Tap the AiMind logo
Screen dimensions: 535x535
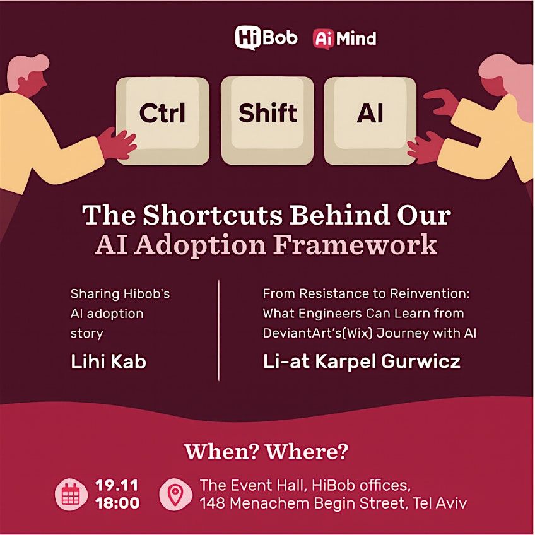[x=344, y=38]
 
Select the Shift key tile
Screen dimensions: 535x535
[x=267, y=114]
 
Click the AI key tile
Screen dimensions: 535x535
[x=370, y=114]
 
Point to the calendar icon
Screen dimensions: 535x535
[x=70, y=495]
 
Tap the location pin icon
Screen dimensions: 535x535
[x=175, y=495]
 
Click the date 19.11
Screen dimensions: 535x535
[x=117, y=486]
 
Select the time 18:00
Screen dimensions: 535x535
[x=117, y=503]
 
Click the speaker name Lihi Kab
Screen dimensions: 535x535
[x=108, y=362]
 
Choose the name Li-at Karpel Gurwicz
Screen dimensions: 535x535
[x=362, y=362]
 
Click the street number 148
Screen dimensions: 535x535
[x=215, y=503]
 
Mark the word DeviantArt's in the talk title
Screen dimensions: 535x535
[x=298, y=332]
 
